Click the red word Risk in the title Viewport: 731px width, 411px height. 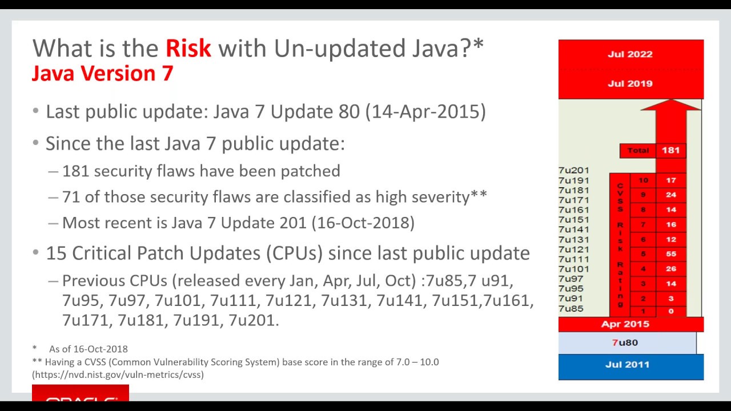188,49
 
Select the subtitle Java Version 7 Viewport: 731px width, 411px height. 102,74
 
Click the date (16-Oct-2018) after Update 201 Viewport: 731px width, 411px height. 363,222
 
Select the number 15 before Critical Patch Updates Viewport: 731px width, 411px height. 56,253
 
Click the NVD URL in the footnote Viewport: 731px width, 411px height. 118,374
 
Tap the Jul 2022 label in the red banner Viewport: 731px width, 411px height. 630,54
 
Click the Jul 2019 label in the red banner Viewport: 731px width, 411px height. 630,83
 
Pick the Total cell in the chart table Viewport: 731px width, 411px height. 638,150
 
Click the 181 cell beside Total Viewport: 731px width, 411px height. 670,150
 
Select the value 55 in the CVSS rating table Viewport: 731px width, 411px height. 670,253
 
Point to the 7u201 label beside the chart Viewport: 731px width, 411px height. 573,170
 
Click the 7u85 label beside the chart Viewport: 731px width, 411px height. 571,309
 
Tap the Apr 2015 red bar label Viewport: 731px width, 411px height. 625,324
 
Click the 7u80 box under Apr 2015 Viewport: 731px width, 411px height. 626,342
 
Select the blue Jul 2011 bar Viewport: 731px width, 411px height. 630,365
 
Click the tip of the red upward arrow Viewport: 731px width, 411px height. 671,101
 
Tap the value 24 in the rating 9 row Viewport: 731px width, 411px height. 670,195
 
